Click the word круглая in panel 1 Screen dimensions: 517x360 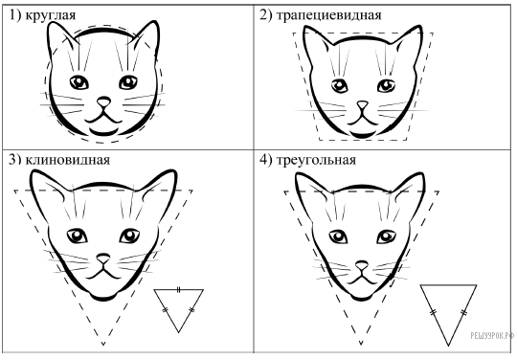click(51, 15)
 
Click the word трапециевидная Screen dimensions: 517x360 click(328, 15)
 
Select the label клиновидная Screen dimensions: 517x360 click(68, 160)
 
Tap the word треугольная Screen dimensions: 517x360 click(316, 161)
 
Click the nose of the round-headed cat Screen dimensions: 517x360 click(103, 101)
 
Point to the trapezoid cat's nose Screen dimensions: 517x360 click(362, 104)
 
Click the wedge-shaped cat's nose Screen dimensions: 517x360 click(103, 258)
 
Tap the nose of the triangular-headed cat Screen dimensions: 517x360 click(361, 264)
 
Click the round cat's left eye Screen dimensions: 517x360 click(79, 82)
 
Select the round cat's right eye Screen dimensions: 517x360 click(128, 82)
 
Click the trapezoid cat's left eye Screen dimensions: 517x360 click(339, 86)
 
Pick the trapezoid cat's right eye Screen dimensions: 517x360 click(386, 85)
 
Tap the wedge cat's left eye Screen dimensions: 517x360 click(78, 236)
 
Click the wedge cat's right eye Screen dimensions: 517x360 click(129, 236)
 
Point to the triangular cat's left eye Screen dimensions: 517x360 click(338, 236)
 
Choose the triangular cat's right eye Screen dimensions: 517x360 click(386, 236)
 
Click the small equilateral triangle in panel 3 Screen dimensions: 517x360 click(179, 310)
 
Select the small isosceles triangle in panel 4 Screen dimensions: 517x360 click(448, 315)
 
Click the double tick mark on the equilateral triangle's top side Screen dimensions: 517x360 click(178, 290)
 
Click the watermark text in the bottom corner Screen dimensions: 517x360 click(492, 336)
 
